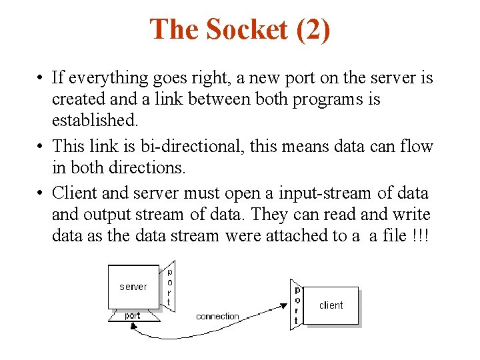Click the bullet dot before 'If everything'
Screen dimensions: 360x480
pyautogui.click(x=41, y=79)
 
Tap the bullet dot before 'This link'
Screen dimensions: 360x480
pyautogui.click(x=41, y=147)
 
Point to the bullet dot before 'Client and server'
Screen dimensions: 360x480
pyautogui.click(x=41, y=193)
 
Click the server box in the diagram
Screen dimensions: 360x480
pyautogui.click(x=133, y=287)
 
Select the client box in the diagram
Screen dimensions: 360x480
pyautogui.click(x=331, y=305)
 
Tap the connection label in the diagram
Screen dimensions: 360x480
pyautogui.click(x=217, y=316)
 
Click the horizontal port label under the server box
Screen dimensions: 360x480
pyautogui.click(x=133, y=315)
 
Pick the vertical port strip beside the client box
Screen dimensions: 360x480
pyautogui.click(x=297, y=305)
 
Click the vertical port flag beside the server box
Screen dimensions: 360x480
pyautogui.click(x=169, y=286)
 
